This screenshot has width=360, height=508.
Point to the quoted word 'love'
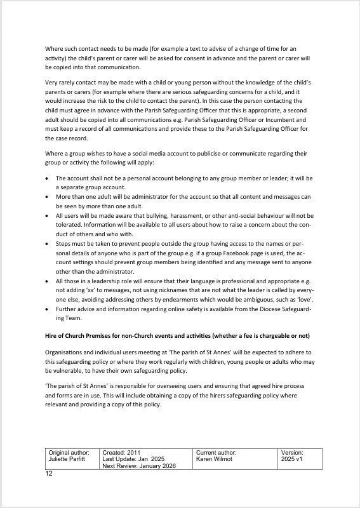pyautogui.click(x=305, y=299)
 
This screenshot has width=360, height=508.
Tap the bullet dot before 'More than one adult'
pyautogui.click(x=48, y=197)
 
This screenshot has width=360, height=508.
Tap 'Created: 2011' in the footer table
pyautogui.click(x=122, y=452)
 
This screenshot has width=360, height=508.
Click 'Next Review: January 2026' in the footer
pyautogui.click(x=138, y=465)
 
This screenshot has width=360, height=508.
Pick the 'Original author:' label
pyautogui.click(x=69, y=452)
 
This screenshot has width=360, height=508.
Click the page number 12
pyautogui.click(x=49, y=474)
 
